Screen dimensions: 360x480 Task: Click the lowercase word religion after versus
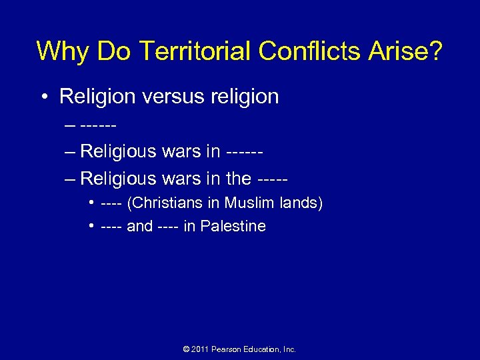[x=249, y=97]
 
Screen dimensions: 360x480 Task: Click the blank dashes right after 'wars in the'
[x=273, y=179]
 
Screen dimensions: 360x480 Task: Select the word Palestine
[x=233, y=226]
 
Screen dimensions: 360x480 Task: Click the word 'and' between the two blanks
[x=139, y=226]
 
